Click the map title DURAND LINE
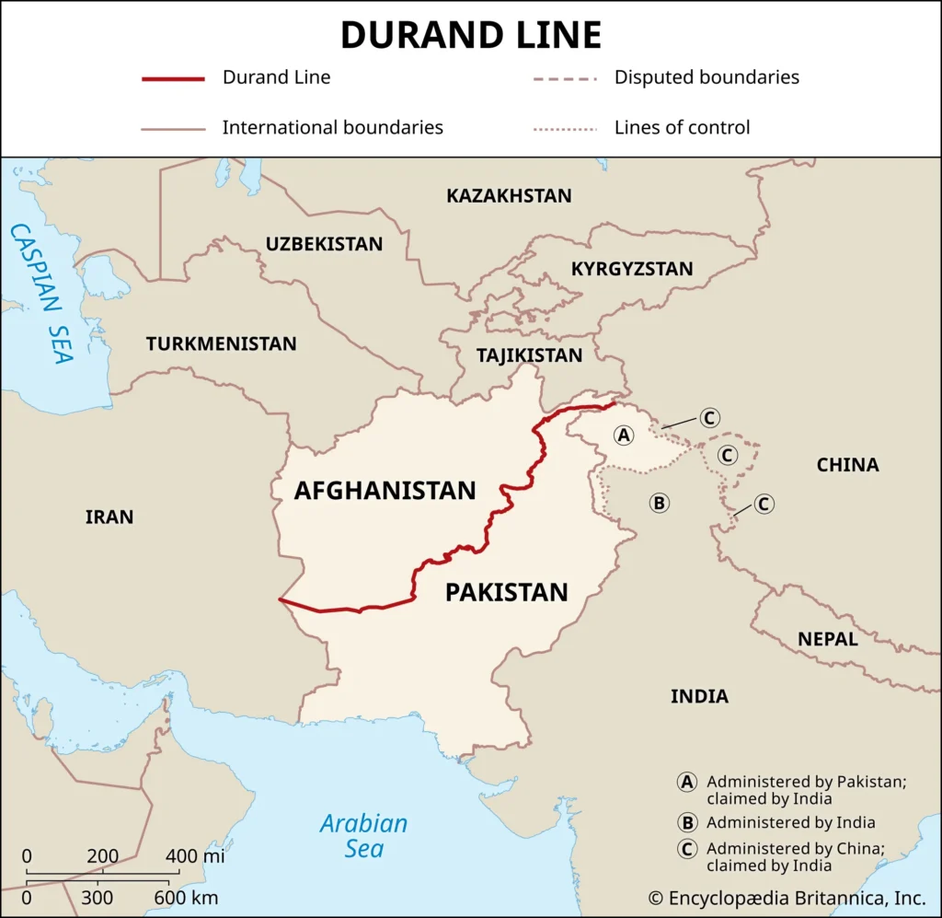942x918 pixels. pyautogui.click(x=471, y=35)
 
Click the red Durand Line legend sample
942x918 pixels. pyautogui.click(x=173, y=78)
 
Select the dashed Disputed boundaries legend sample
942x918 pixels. pyautogui.click(x=565, y=78)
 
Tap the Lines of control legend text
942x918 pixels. pyautogui.click(x=682, y=128)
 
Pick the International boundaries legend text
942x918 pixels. pyautogui.click(x=332, y=128)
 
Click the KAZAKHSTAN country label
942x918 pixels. pyautogui.click(x=509, y=196)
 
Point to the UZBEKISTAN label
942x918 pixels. pyautogui.click(x=324, y=244)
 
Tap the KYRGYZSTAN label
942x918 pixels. pyautogui.click(x=632, y=269)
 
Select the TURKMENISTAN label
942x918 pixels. pyautogui.click(x=221, y=344)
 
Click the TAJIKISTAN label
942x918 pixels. pyautogui.click(x=529, y=355)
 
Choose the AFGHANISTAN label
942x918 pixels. pyautogui.click(x=385, y=491)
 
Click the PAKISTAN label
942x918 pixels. pyautogui.click(x=506, y=592)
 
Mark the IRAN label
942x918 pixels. pyautogui.click(x=109, y=517)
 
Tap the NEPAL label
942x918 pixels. pyautogui.click(x=828, y=639)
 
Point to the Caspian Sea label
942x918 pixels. pyautogui.click(x=41, y=293)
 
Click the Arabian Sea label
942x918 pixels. pyautogui.click(x=363, y=835)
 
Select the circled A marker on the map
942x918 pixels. pyautogui.click(x=624, y=435)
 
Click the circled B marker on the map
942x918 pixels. pyautogui.click(x=659, y=503)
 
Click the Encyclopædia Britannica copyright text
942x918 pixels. pyautogui.click(x=786, y=898)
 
